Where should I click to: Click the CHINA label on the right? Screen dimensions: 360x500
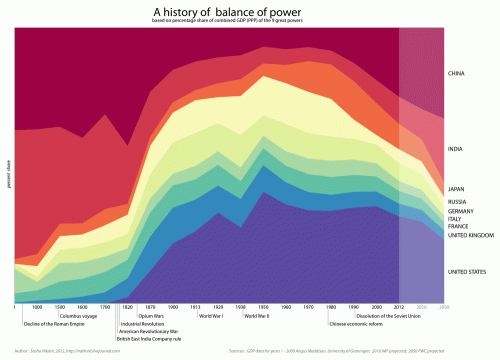[x=456, y=73]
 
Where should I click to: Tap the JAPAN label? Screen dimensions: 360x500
[x=456, y=188]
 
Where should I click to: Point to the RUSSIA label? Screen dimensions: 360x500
[x=457, y=202]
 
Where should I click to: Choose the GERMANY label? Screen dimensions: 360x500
[x=460, y=212]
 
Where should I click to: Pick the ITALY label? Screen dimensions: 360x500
[x=455, y=220]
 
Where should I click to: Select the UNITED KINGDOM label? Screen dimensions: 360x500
[x=467, y=236]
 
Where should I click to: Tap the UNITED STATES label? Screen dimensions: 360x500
[x=466, y=272]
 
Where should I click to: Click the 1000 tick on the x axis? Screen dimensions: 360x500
[x=37, y=307]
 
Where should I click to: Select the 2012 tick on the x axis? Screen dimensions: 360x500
[x=400, y=307]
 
